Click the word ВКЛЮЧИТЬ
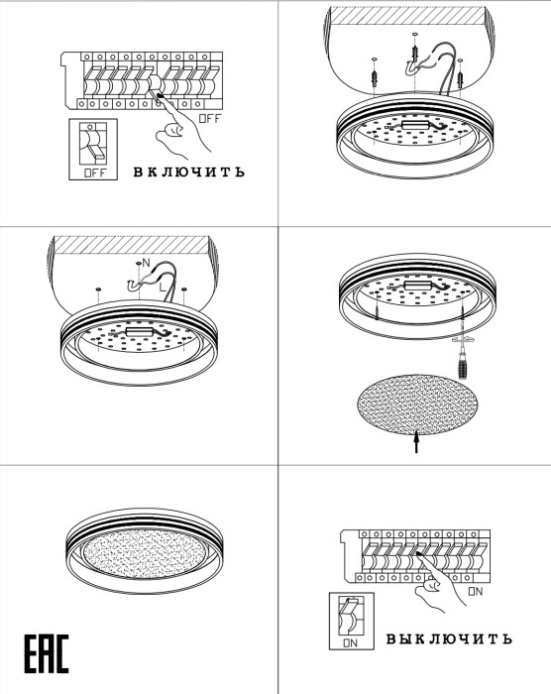coord(189,172)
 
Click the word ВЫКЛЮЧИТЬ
coord(449,638)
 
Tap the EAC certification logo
coord(47,653)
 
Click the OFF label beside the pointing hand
coord(209,118)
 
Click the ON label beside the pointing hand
coord(476,591)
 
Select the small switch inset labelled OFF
coord(93,149)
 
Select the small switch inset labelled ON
coord(352,621)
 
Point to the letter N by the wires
coord(146,263)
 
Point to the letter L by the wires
coord(163,288)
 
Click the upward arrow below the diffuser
coord(416,442)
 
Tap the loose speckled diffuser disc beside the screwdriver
coord(418,405)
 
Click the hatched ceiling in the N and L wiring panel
coord(131,245)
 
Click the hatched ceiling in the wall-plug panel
coord(408,15)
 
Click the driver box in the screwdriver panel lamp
coord(418,286)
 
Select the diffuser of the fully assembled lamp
coord(145,553)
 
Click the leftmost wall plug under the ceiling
coord(375,76)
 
